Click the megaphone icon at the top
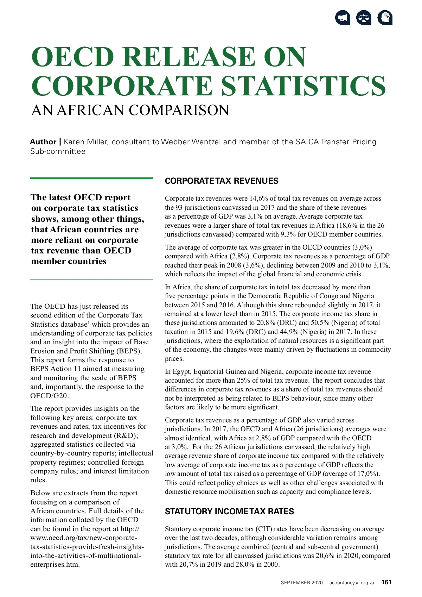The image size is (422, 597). click(343, 18)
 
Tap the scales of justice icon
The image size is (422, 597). click(364, 18)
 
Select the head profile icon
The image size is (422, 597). click(385, 18)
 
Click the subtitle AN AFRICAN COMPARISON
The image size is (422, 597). click(130, 111)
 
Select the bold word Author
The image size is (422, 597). click(43, 142)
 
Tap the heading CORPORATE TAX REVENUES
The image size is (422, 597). click(222, 181)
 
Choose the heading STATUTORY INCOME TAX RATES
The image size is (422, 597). click(229, 511)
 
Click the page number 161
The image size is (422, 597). click(386, 582)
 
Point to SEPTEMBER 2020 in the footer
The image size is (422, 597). click(301, 583)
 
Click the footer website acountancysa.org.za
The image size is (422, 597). click(352, 583)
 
